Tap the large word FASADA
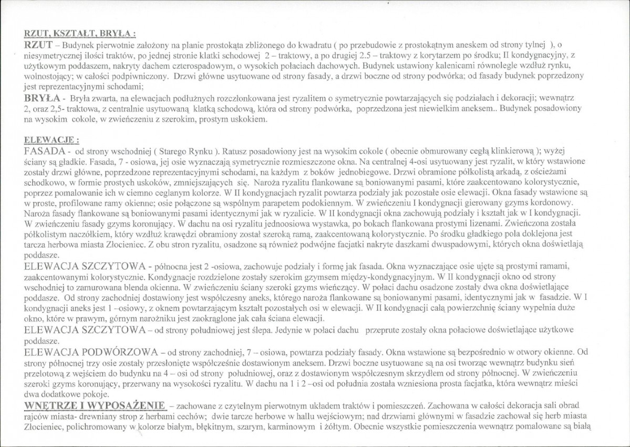(x=47, y=150)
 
